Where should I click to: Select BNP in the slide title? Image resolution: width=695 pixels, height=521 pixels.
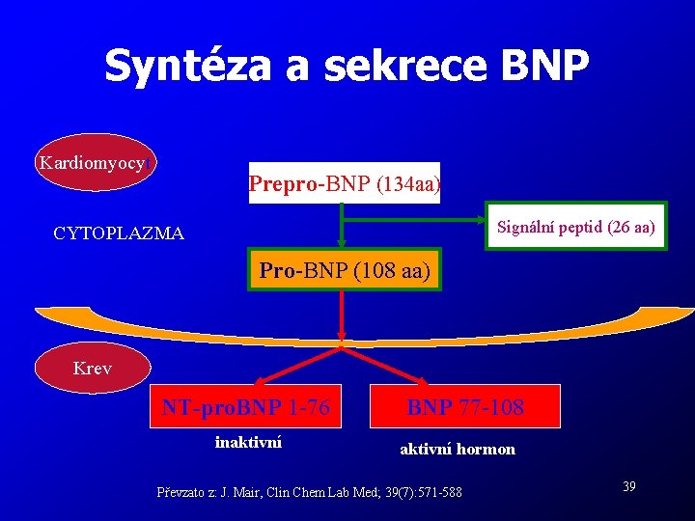click(544, 65)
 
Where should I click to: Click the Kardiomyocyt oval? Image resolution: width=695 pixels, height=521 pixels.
click(94, 162)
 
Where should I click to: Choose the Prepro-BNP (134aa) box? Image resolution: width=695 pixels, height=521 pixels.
click(345, 183)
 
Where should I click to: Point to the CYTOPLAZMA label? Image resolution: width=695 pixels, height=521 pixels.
click(119, 233)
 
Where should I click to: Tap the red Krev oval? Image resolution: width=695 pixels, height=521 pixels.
click(93, 369)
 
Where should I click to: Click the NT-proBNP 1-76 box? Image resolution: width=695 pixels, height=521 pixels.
click(246, 408)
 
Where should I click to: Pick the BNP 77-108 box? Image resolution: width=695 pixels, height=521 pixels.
click(465, 408)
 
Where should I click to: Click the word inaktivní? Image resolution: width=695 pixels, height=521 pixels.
click(248, 442)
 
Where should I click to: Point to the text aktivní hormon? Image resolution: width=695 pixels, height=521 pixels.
click(458, 449)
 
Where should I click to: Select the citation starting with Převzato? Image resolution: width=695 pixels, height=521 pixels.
click(309, 493)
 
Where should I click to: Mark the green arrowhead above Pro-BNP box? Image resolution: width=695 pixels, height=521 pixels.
click(341, 245)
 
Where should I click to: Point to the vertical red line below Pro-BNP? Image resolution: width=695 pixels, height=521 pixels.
click(341, 314)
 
